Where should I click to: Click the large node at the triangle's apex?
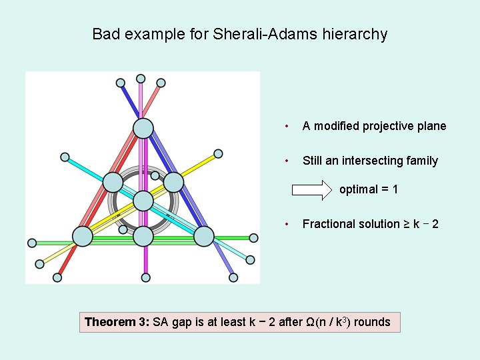[143, 128]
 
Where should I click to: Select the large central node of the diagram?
[143, 201]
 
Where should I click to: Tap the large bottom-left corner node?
[81, 236]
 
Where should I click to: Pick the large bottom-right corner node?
[204, 236]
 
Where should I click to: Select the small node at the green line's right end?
[253, 237]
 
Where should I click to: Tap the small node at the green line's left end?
[31, 243]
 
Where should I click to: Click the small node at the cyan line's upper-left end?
[65, 157]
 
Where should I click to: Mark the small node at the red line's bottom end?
[57, 277]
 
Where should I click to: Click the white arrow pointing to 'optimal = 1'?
[312, 189]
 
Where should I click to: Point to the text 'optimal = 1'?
[369, 189]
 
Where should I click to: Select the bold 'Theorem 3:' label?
[117, 322]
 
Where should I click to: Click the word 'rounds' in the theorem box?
[372, 322]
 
